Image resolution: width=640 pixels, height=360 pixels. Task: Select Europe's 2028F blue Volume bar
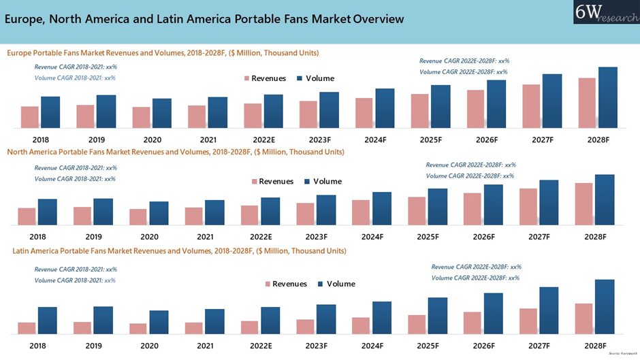tap(607, 97)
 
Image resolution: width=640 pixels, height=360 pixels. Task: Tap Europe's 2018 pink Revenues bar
tap(30, 117)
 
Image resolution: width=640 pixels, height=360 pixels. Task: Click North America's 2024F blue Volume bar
tap(382, 208)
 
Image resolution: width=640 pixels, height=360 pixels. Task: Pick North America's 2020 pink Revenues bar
tap(138, 216)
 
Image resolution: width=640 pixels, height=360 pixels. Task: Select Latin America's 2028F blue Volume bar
tap(605, 306)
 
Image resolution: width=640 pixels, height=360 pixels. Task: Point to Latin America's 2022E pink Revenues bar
tap(250, 327)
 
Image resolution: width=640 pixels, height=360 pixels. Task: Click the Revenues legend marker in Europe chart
tap(247, 79)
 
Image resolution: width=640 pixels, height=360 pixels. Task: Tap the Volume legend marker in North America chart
tap(307, 182)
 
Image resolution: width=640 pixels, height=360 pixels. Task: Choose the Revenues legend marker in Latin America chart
tap(268, 284)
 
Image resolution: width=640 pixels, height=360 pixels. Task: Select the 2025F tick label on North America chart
tap(428, 237)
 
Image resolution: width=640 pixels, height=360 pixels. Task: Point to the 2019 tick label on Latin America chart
tap(94, 346)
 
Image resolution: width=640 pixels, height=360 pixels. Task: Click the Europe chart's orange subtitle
tap(163, 52)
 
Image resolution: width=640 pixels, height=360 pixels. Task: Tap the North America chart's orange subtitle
tap(176, 152)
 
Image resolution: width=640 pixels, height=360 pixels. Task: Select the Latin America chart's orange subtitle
tap(179, 251)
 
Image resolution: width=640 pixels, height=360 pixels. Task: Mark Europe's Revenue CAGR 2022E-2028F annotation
tap(464, 61)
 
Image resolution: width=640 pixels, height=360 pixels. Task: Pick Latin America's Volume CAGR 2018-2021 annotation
tap(75, 280)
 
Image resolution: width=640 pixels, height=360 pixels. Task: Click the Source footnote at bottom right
tap(620, 355)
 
